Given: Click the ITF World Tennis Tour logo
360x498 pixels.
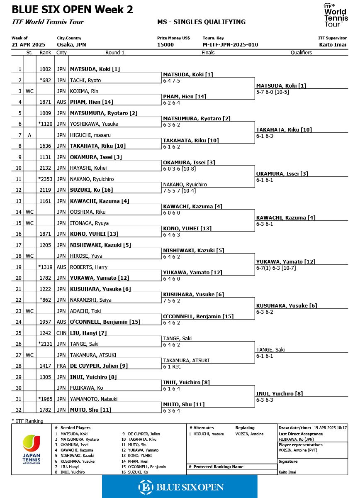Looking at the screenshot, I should tap(335, 15).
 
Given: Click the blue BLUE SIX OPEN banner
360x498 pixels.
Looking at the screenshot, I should tap(180, 486).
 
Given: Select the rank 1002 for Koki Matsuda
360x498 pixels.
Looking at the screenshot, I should tap(45, 69).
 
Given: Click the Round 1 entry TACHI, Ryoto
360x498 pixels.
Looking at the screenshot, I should tap(85, 81).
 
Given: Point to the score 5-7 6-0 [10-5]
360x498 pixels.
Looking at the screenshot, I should tap(272, 92).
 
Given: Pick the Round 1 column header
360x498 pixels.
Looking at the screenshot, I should tap(115, 53).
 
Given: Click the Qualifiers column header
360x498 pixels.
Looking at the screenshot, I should tap(301, 53).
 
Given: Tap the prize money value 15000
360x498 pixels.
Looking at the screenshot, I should tap(165, 45).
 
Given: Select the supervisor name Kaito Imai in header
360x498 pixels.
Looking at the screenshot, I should tap(333, 45).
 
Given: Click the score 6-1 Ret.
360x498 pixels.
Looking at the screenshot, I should tap(172, 367).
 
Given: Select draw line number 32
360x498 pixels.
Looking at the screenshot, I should tap(18, 410).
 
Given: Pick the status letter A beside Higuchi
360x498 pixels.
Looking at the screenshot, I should tap(29, 135).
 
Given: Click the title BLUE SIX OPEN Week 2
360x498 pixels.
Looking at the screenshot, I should tap(73, 10).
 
